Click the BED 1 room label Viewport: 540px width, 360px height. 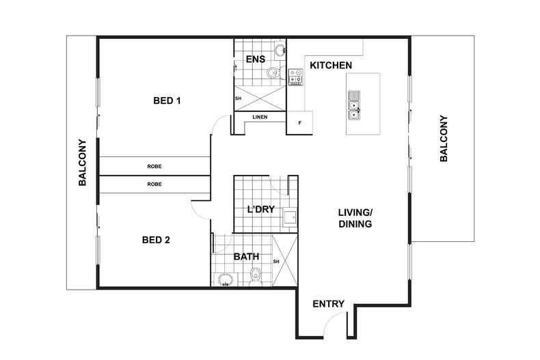click(167, 101)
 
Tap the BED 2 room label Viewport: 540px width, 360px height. click(156, 240)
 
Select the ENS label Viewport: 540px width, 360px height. click(256, 59)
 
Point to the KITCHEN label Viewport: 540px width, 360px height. click(331, 66)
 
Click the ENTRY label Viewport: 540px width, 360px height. click(329, 304)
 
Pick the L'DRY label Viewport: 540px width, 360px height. click(261, 209)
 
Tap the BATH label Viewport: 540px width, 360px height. click(246, 256)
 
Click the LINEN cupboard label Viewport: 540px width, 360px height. click(260, 117)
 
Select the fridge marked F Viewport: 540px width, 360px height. click(299, 122)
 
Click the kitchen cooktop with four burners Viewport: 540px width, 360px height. click(295, 77)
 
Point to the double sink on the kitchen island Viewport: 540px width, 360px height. click(354, 105)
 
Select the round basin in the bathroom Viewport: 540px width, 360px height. click(226, 280)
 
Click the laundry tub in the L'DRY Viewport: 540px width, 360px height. click(290, 217)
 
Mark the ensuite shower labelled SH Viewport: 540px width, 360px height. click(260, 98)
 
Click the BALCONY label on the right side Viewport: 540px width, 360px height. click(444, 139)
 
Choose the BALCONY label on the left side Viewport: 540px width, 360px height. click(82, 163)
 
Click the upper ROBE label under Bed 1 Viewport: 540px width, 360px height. click(154, 166)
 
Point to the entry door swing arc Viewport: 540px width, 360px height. click(330, 318)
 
